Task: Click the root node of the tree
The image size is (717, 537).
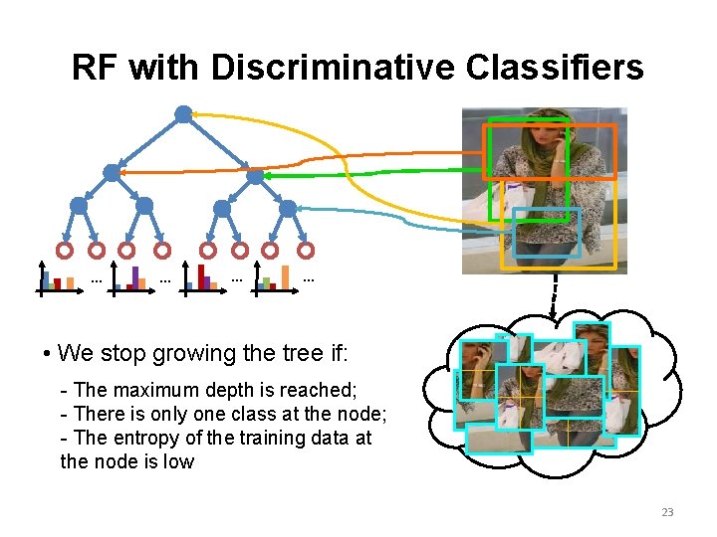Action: coord(183,113)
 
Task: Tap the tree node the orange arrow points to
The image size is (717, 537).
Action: coord(112,172)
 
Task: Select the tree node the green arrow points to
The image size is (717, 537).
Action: coord(255,176)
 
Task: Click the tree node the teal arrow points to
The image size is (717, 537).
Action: coord(288,209)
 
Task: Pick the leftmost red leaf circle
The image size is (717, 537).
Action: coord(64,250)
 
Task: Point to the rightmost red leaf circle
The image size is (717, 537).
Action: coord(306,250)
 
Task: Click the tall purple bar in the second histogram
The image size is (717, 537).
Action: coord(135,276)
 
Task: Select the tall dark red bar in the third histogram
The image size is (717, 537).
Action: coord(201,275)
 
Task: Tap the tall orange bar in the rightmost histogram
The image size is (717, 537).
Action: coord(286,276)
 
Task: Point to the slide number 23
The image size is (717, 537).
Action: coord(667,512)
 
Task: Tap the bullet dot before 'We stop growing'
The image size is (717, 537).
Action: coord(48,354)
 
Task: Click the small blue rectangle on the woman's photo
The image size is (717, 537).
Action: coord(546,234)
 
